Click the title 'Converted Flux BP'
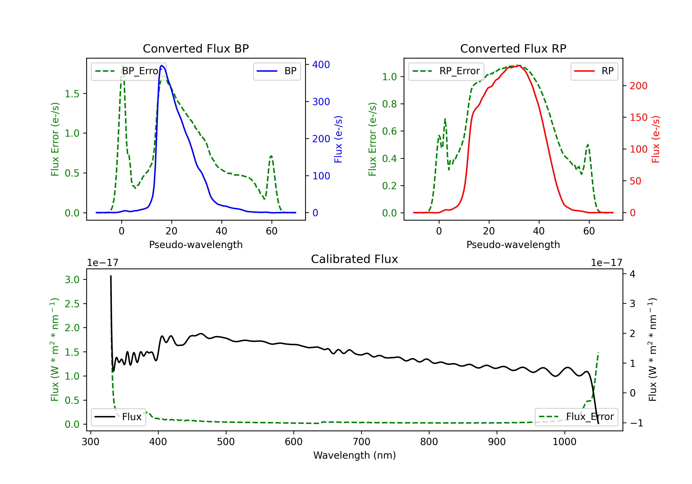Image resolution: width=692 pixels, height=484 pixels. point(196,48)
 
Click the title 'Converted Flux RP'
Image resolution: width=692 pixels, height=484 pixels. point(513,48)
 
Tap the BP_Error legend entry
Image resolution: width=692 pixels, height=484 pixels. point(129,71)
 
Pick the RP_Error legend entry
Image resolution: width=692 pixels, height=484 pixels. point(446,71)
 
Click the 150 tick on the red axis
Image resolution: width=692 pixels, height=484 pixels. point(638,118)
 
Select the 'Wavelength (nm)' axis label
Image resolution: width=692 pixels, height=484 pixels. point(355,455)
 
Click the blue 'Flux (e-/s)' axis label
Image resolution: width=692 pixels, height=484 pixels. point(338,139)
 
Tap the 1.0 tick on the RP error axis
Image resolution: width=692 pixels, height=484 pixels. point(389,77)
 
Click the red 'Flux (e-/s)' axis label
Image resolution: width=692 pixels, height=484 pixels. point(656,139)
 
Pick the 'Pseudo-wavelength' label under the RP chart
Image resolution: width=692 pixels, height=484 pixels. point(513,245)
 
